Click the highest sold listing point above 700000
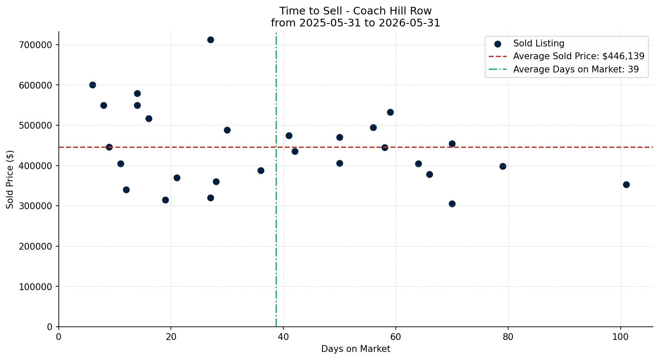coord(210,40)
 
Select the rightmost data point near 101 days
coord(626,185)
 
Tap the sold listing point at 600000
coord(92,85)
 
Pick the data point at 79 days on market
coord(503,167)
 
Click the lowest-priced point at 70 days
coord(452,204)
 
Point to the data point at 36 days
coord(261,170)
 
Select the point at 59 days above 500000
coord(390,112)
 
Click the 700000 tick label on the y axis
coord(35,45)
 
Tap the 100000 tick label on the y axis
coord(35,287)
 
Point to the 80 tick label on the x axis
coord(508,337)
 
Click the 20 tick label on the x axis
coord(171,337)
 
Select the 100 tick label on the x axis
coord(621,337)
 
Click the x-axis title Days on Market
coord(356,349)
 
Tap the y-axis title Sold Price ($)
coord(10,179)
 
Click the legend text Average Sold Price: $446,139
coord(578,56)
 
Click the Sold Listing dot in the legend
coord(498,44)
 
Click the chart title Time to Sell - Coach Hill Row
coord(355,11)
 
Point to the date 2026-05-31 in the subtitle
coord(409,23)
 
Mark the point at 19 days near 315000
coord(165,200)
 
